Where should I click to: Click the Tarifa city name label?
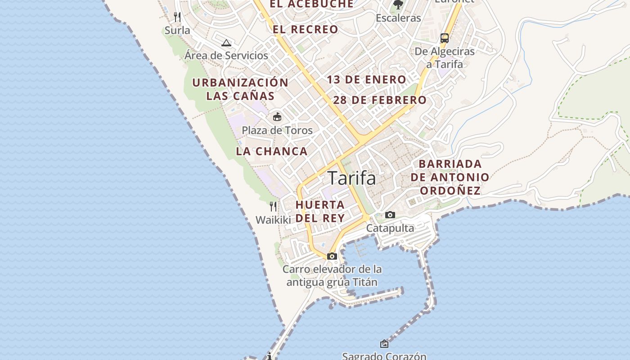tap(351, 178)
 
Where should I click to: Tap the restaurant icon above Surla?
tap(177, 17)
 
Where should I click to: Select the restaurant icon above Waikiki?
tap(273, 207)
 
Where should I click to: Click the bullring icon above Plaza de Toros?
tap(277, 117)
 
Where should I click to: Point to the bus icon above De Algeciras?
tap(445, 38)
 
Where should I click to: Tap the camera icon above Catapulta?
tap(390, 215)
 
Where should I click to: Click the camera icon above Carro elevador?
tap(332, 256)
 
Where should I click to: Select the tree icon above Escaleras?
tap(398, 5)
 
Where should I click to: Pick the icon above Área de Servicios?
tap(226, 43)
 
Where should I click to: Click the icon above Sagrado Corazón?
tap(384, 344)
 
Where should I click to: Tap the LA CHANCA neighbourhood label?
tap(272, 152)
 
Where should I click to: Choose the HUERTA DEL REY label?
tap(320, 211)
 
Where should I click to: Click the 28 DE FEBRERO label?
tap(380, 100)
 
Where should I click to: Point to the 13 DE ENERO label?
tap(366, 80)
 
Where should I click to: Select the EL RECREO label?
tap(305, 30)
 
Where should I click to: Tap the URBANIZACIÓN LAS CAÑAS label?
tap(240, 89)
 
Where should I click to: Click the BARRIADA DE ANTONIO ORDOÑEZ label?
tap(450, 177)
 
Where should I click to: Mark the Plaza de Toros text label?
tap(277, 130)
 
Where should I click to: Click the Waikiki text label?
tap(273, 220)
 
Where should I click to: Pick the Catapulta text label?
tap(390, 228)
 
